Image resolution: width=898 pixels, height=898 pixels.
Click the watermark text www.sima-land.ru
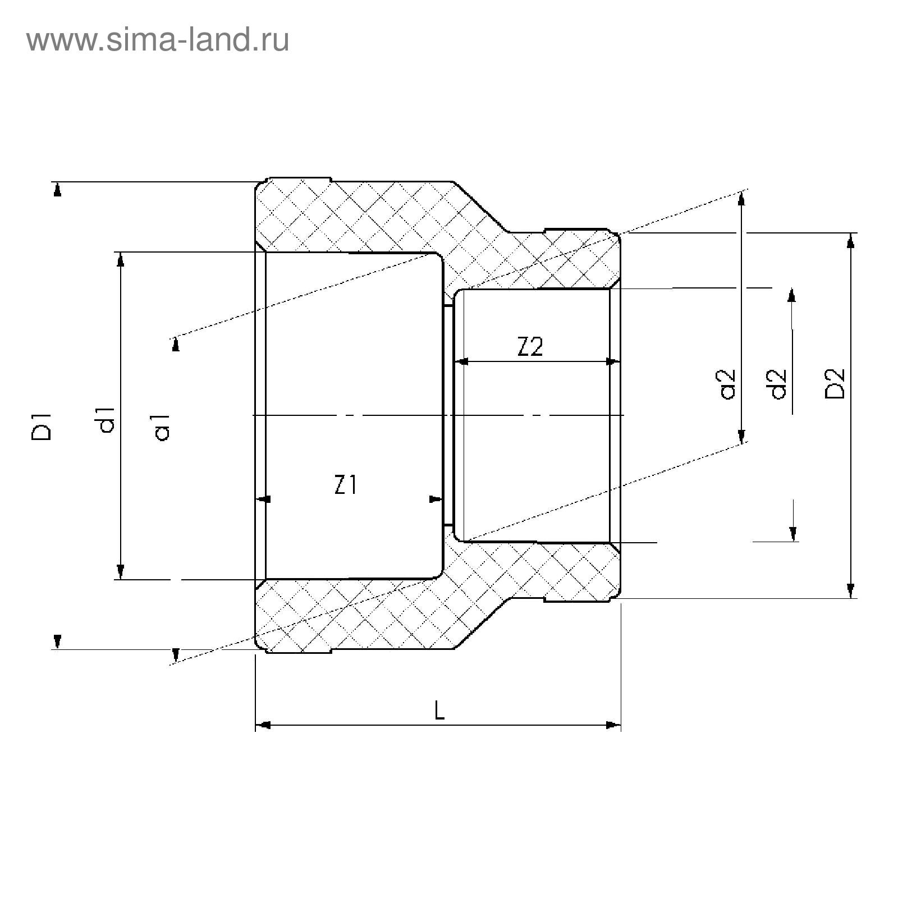coord(158,40)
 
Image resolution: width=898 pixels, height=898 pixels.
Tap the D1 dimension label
coord(42,427)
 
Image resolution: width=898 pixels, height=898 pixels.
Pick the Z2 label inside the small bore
coord(530,347)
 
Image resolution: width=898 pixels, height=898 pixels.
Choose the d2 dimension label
coord(778,384)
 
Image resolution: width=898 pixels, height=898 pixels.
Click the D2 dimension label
coord(835,384)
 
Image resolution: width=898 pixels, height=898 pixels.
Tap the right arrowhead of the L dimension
coord(613,725)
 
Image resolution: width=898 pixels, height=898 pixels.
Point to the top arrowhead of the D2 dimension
coord(851,240)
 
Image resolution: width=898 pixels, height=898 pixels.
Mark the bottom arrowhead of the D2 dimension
coord(851,590)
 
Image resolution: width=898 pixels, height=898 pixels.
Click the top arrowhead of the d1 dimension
coord(120,259)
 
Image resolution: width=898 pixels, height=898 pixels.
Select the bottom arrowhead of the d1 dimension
coord(120,571)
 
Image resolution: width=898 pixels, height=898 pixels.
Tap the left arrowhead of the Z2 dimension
coord(462,362)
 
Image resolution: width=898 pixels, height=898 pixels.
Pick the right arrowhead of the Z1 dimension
coord(436,499)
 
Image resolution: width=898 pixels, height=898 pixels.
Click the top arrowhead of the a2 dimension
coord(741,198)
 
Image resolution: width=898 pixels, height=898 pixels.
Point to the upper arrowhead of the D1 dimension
coord(57,190)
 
